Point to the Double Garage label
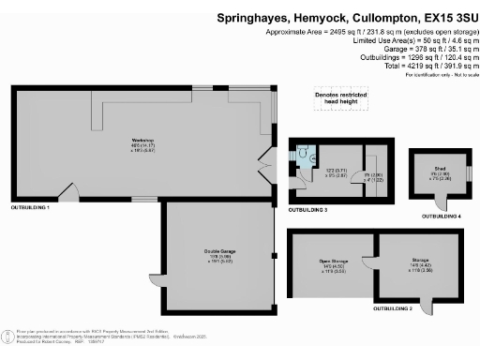click(x=218, y=251)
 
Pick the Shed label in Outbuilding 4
click(x=434, y=170)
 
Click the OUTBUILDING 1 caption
click(x=30, y=205)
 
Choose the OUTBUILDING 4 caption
click(x=441, y=216)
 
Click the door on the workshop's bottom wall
click(x=67, y=194)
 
